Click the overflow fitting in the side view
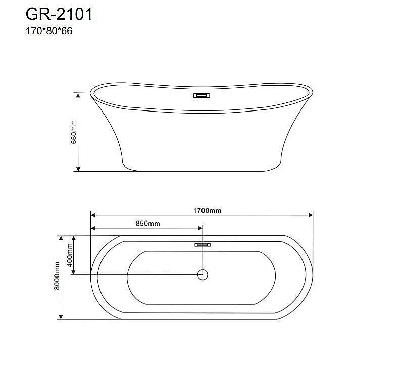[202, 96]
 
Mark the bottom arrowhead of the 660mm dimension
[78, 168]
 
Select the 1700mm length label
[208, 210]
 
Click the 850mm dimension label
[147, 223]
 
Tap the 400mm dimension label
[70, 255]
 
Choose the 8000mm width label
[57, 277]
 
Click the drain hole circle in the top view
[202, 274]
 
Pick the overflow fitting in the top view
[202, 245]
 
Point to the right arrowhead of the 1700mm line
[310, 215]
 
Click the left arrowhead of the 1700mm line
[93, 215]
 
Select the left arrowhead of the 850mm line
[93, 229]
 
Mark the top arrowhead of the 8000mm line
[61, 238]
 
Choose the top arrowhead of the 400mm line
[74, 238]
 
